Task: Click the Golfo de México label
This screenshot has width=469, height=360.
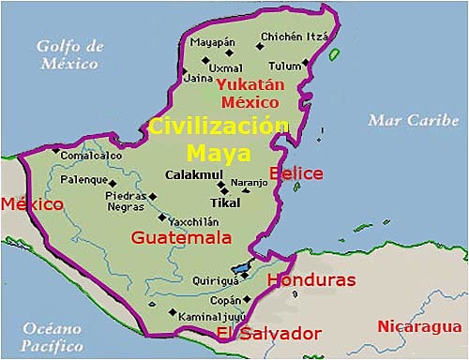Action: [x=67, y=54]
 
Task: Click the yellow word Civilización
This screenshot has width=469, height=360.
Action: [x=218, y=127]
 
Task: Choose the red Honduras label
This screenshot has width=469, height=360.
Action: [x=311, y=279]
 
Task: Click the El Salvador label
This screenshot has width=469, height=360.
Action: [x=268, y=334]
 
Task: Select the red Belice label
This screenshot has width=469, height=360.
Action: [x=295, y=173]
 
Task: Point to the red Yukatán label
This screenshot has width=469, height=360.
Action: [x=249, y=84]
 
